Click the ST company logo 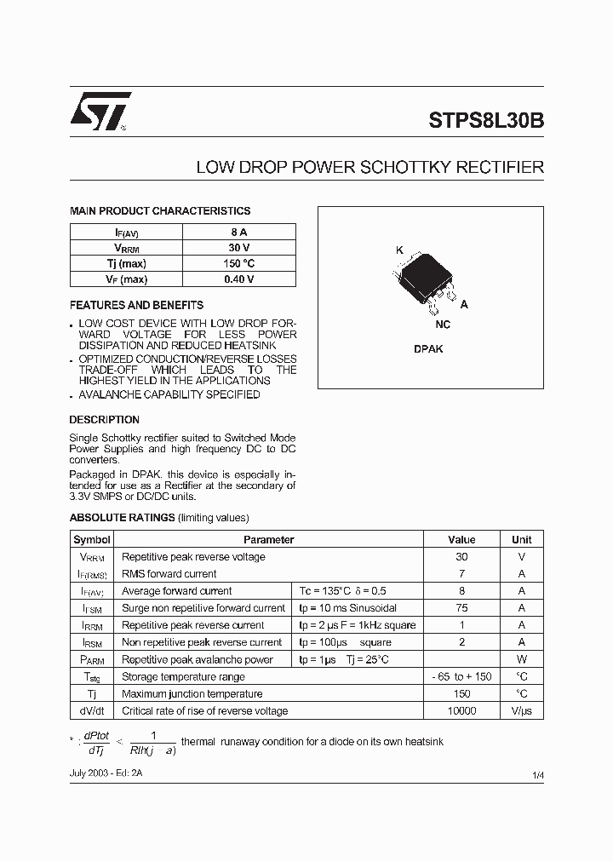click(x=100, y=112)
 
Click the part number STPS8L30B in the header click(x=481, y=121)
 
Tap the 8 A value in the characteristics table click(x=239, y=232)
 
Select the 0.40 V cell click(x=239, y=279)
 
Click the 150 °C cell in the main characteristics click(x=239, y=263)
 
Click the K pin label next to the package click(x=398, y=250)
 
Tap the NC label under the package click(x=443, y=325)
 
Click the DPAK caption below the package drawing click(x=428, y=349)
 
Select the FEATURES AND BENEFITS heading click(x=136, y=305)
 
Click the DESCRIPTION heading click(x=104, y=420)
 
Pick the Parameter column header click(x=268, y=540)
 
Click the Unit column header click(x=521, y=540)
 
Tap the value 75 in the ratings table click(x=461, y=608)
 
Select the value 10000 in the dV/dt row click(x=461, y=711)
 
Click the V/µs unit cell click(x=521, y=711)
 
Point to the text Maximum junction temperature click(x=192, y=694)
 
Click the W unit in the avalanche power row click(x=521, y=659)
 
